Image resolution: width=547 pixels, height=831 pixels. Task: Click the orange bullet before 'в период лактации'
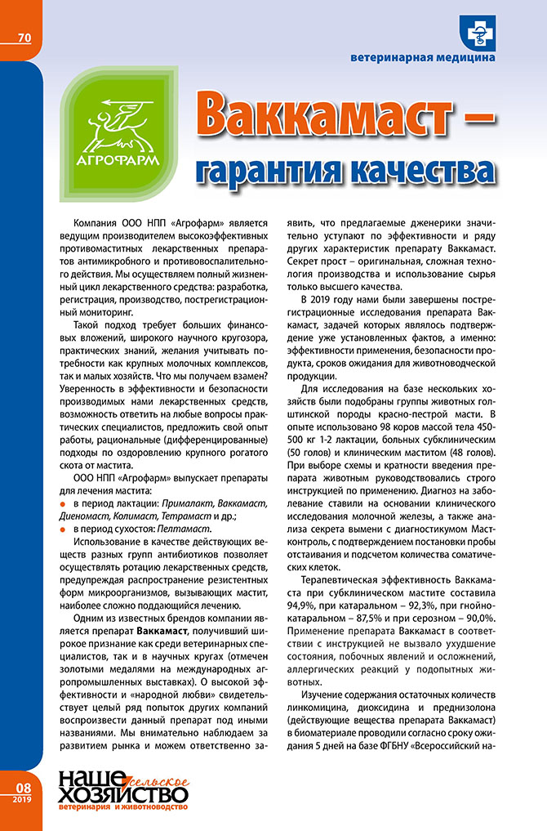pos(62,503)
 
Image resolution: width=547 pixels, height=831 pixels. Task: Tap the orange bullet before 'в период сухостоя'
pos(62,529)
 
